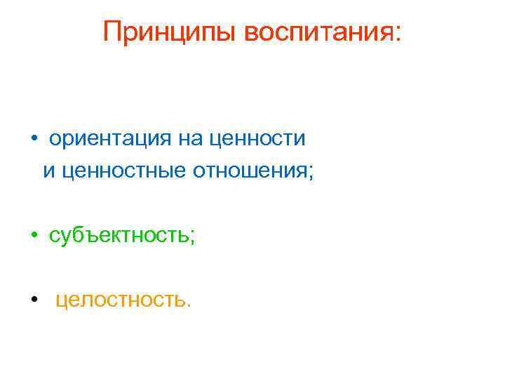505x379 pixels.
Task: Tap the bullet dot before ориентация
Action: tap(33, 138)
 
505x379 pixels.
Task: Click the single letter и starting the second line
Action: tap(48, 171)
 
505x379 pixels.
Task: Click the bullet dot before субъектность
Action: tap(33, 236)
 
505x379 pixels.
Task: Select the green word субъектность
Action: tap(120, 236)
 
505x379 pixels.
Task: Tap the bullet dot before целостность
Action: tap(33, 301)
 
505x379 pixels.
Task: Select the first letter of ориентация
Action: tap(55, 139)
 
